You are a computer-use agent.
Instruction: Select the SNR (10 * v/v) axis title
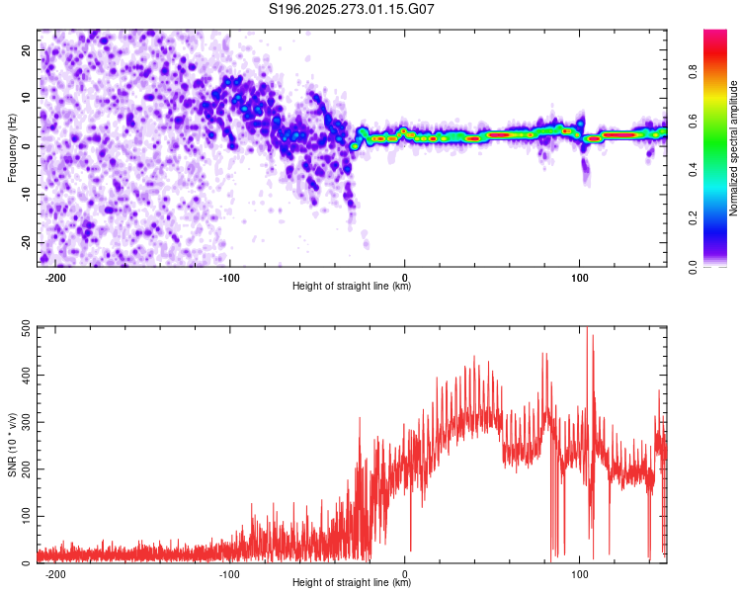pyautogui.click(x=12, y=445)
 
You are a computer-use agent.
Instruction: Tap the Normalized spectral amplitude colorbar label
pyautogui.click(x=734, y=148)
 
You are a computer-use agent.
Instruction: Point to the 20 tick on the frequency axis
pyautogui.click(x=27, y=49)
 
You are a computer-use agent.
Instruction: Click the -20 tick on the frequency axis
pyautogui.click(x=25, y=243)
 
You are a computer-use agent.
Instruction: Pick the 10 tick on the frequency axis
pyautogui.click(x=27, y=98)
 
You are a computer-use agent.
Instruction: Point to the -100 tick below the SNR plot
pyautogui.click(x=229, y=575)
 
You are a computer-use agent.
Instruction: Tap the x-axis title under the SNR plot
pyautogui.click(x=353, y=584)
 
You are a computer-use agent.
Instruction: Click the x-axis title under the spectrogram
pyautogui.click(x=353, y=287)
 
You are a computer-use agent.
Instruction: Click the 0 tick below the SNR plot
pyautogui.click(x=405, y=575)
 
